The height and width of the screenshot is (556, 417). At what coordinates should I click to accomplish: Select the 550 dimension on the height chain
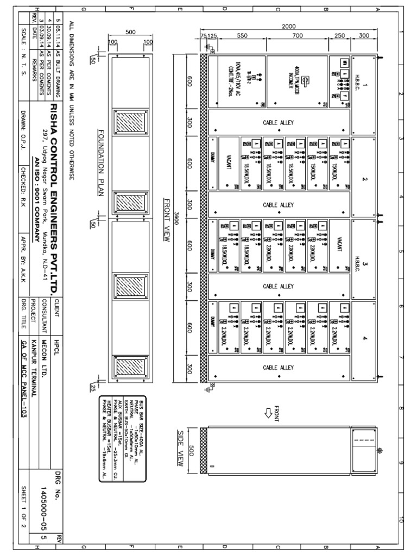click(242, 36)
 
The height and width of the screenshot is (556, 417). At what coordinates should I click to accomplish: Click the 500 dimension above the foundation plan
click(130, 32)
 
